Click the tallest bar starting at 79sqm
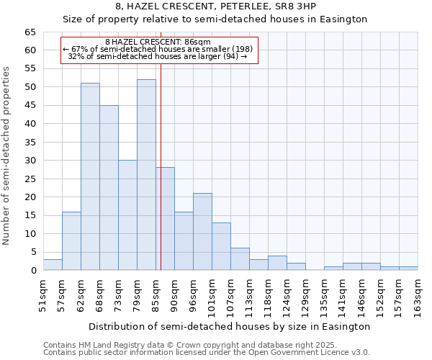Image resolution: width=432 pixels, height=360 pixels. [146, 175]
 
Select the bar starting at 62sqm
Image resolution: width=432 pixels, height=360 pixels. [90, 176]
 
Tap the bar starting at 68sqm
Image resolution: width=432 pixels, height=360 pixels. [109, 187]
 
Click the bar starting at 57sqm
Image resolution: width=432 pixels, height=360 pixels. [71, 240]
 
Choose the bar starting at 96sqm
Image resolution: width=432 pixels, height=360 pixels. [202, 231]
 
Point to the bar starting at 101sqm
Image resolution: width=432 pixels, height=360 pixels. [221, 246]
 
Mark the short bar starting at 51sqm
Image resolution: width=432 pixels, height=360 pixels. [53, 264]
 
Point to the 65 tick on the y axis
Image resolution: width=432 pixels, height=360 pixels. [30, 32]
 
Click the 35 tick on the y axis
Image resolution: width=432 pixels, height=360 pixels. [30, 143]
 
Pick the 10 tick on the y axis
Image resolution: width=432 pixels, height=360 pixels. [30, 234]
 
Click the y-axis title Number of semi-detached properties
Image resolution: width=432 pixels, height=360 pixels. [7, 156]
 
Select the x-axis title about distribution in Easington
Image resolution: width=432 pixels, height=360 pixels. [230, 326]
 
